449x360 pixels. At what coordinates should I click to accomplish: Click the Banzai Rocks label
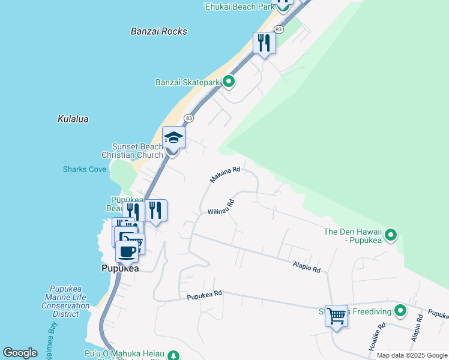(159, 31)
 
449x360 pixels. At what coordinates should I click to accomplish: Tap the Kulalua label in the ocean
(73, 119)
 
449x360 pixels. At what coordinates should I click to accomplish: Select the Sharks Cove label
(85, 169)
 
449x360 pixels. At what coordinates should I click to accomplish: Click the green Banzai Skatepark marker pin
(228, 81)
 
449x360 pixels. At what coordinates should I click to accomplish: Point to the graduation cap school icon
(174, 138)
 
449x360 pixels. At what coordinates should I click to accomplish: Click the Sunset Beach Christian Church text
(137, 151)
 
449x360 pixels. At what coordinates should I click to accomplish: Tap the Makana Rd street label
(225, 175)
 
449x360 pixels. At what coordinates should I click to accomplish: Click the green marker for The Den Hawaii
(391, 235)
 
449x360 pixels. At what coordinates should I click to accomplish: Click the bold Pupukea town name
(120, 269)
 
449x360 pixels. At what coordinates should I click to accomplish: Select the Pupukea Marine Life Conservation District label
(65, 301)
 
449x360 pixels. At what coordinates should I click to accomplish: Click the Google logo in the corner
(20, 353)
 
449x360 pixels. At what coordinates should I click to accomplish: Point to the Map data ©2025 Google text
(412, 355)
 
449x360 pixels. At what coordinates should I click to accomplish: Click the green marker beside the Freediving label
(400, 311)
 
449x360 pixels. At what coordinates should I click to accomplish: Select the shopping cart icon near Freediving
(336, 314)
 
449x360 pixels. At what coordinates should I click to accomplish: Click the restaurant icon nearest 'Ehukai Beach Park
(264, 43)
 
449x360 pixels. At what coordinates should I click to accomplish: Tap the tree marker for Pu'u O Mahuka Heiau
(173, 356)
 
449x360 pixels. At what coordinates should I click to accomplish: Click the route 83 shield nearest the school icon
(188, 118)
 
